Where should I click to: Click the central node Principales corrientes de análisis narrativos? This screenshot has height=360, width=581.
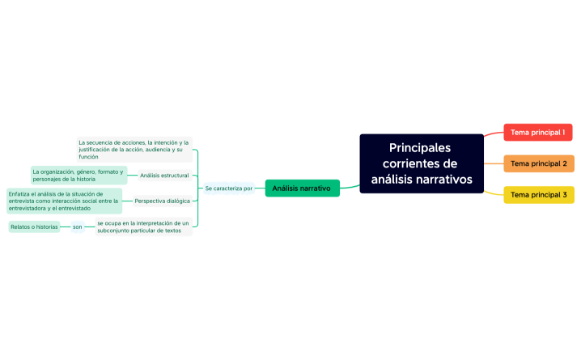421,163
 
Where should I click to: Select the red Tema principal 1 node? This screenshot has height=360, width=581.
537,132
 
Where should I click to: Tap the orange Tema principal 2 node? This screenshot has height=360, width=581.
538,163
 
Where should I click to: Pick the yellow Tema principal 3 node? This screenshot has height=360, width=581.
538,195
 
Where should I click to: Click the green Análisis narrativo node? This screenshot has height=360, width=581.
302,188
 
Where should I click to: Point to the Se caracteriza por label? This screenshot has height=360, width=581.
229,188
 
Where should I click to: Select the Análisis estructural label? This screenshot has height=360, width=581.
164,175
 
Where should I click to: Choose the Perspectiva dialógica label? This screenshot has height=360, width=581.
162,201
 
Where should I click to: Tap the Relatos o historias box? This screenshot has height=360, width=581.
34,227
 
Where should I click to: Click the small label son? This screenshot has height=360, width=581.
78,227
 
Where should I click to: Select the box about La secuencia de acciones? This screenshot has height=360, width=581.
134,150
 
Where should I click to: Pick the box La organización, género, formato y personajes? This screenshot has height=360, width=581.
78,175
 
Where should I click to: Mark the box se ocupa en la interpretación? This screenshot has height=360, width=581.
142,227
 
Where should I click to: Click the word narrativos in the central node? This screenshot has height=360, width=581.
443,179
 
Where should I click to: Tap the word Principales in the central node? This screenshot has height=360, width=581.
420,148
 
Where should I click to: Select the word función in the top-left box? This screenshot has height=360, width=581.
89,156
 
